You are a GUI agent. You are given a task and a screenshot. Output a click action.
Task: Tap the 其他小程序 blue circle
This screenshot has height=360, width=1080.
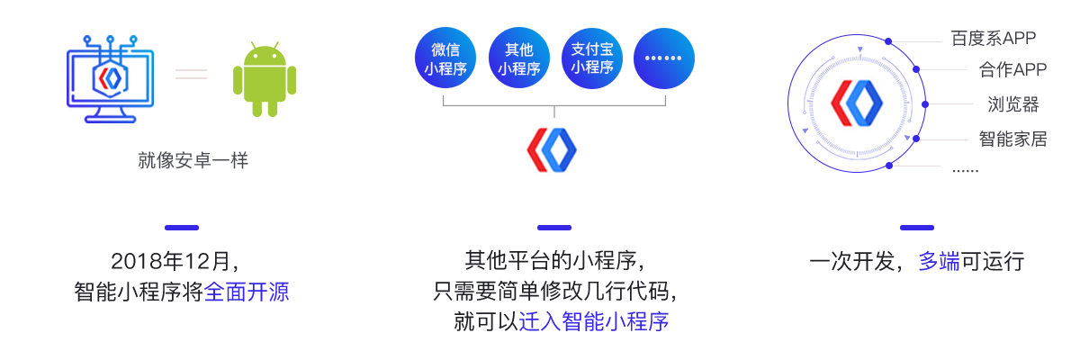pyautogui.click(x=518, y=58)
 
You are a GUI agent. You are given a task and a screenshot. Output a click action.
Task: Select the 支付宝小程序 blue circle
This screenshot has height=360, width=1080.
pyautogui.click(x=591, y=58)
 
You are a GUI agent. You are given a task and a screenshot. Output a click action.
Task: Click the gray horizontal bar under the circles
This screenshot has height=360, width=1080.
pyautogui.click(x=554, y=107)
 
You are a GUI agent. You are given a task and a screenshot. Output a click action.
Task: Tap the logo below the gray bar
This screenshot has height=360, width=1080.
pyautogui.click(x=551, y=150)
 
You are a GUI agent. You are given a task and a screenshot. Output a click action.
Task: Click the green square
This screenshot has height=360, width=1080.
pyautogui.click(x=265, y=79)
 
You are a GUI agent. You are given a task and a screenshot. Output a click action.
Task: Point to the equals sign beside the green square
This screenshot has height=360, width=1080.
pyautogui.click(x=192, y=75)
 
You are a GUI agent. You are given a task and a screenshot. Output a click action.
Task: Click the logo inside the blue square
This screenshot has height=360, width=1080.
pyautogui.click(x=110, y=78)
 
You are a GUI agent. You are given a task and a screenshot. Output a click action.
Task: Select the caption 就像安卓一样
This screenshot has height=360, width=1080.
pyautogui.click(x=193, y=161)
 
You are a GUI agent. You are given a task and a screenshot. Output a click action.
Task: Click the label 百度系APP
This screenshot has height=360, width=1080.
pyautogui.click(x=993, y=38)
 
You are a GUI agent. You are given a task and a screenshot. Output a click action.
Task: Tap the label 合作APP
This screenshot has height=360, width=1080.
pyautogui.click(x=1012, y=70)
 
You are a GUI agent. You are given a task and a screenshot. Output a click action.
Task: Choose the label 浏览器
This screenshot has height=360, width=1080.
pyautogui.click(x=1012, y=104)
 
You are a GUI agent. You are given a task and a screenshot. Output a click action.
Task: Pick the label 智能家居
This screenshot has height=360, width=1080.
pyautogui.click(x=1012, y=139)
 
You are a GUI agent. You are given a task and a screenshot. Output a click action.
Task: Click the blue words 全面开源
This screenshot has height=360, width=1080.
pyautogui.click(x=247, y=292)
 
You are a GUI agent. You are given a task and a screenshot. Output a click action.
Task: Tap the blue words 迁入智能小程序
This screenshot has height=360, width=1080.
pyautogui.click(x=594, y=321)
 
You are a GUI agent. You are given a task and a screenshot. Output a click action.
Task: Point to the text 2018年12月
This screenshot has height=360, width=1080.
pyautogui.click(x=175, y=262)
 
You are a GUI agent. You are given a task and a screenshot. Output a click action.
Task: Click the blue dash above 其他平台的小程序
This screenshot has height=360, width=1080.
pyautogui.click(x=553, y=228)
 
